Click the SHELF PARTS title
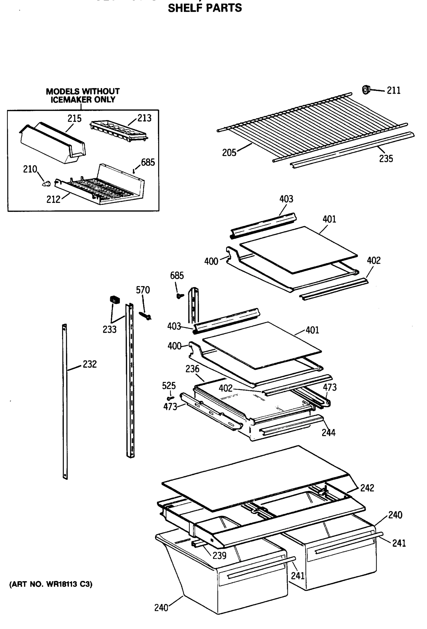205,8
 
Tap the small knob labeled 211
366,90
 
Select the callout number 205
229,153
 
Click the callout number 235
386,159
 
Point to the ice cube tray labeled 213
119,131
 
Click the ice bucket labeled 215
53,143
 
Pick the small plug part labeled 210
47,184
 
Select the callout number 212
53,199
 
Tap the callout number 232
90,364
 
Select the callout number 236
192,369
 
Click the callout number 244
328,432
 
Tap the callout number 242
367,488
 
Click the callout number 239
219,555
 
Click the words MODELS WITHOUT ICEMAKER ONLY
83,95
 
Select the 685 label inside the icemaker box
148,162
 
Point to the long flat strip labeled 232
65,400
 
